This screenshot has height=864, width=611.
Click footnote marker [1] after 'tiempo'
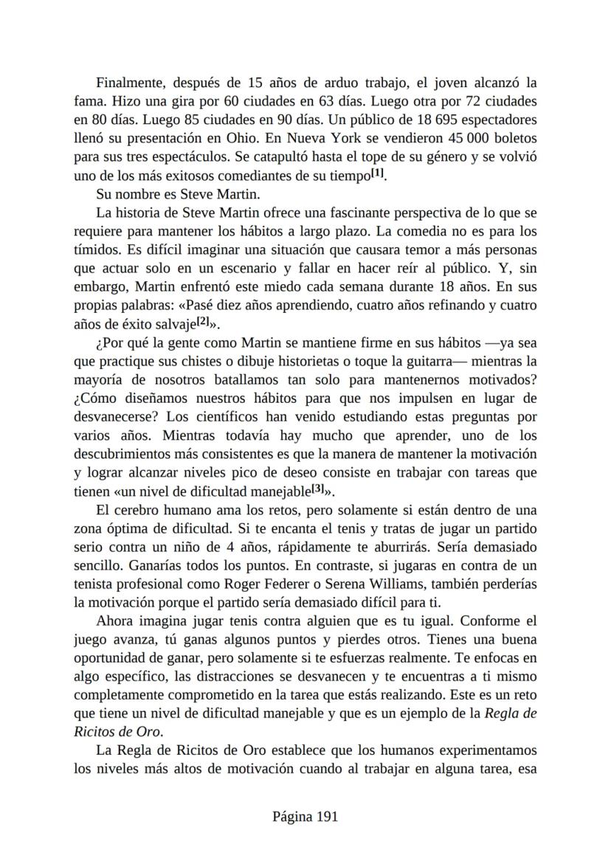click(x=377, y=174)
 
